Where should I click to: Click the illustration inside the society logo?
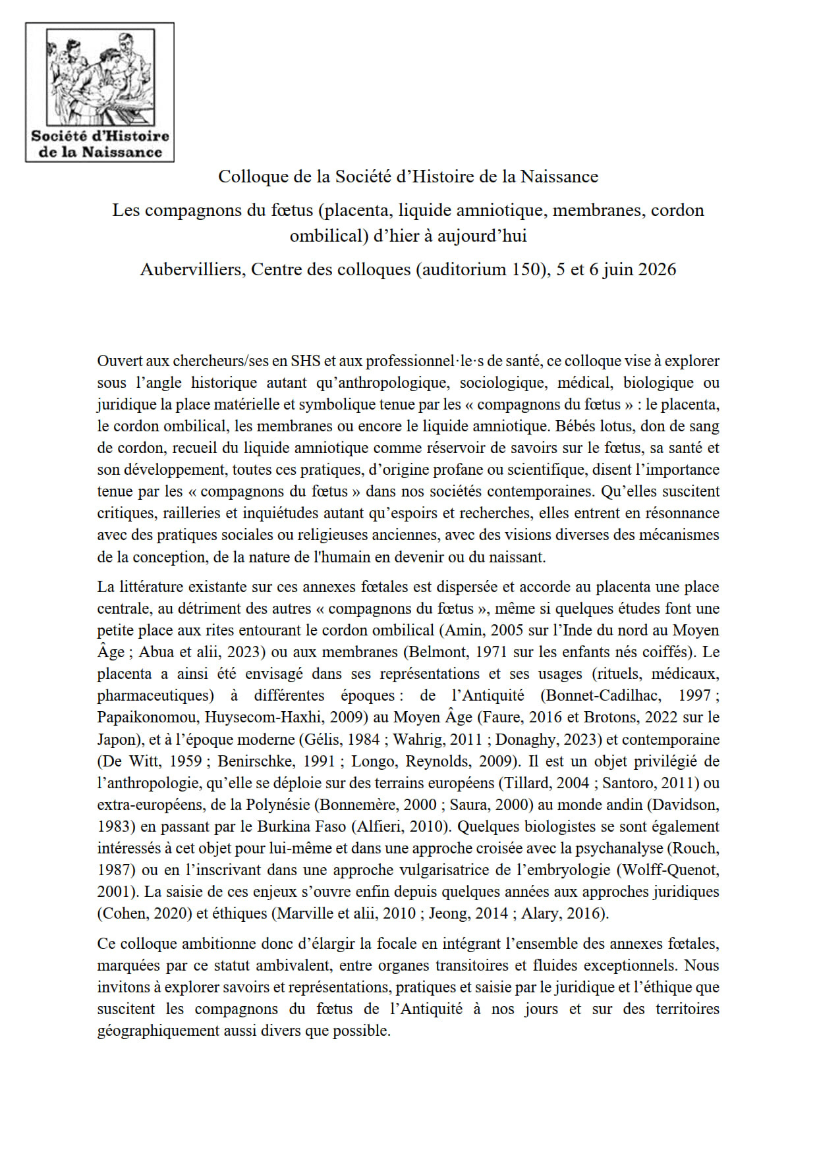click(100, 78)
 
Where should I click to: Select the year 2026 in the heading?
click(656, 269)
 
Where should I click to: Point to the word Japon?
click(116, 739)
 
